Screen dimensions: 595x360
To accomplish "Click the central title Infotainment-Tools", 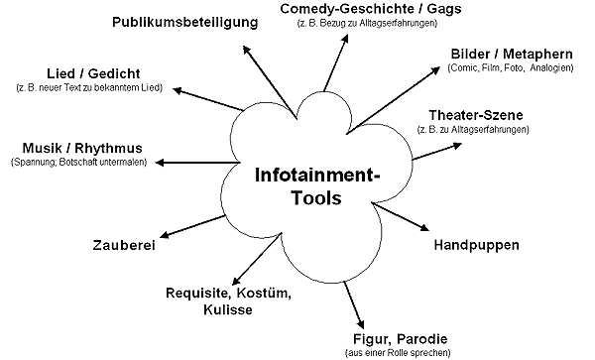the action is (x=317, y=186).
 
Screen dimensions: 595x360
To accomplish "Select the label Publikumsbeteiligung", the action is (x=185, y=23).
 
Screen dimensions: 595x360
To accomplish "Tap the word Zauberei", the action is (x=124, y=245).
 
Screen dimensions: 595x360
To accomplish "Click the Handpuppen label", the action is (x=476, y=245).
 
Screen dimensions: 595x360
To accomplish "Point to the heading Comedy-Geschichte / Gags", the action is (x=370, y=9).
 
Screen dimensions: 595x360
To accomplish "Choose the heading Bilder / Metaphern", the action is (x=512, y=54).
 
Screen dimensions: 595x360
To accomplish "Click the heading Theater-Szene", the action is (x=476, y=115).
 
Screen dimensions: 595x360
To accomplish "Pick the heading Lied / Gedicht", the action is (x=93, y=73).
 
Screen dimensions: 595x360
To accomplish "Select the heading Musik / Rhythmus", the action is (x=82, y=148).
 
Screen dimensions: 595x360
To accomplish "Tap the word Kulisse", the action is (x=228, y=309).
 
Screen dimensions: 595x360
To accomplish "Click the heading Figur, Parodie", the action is (x=400, y=339).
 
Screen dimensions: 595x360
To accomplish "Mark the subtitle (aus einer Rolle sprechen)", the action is (x=398, y=353).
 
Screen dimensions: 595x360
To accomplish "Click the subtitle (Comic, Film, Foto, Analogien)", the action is (x=511, y=67).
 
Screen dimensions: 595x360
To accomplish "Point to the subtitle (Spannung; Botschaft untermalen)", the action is (x=78, y=162).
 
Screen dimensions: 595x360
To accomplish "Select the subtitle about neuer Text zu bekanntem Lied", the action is (x=89, y=87).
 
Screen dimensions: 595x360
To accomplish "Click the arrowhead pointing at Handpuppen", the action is (x=423, y=227).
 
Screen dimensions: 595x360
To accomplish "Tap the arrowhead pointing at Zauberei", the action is (x=165, y=234).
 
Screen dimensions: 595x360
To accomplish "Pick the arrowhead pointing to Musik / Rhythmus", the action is (x=160, y=163).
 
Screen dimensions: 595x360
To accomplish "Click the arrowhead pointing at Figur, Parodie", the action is (x=361, y=324).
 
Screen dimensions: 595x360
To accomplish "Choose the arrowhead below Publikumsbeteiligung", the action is (x=247, y=50).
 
